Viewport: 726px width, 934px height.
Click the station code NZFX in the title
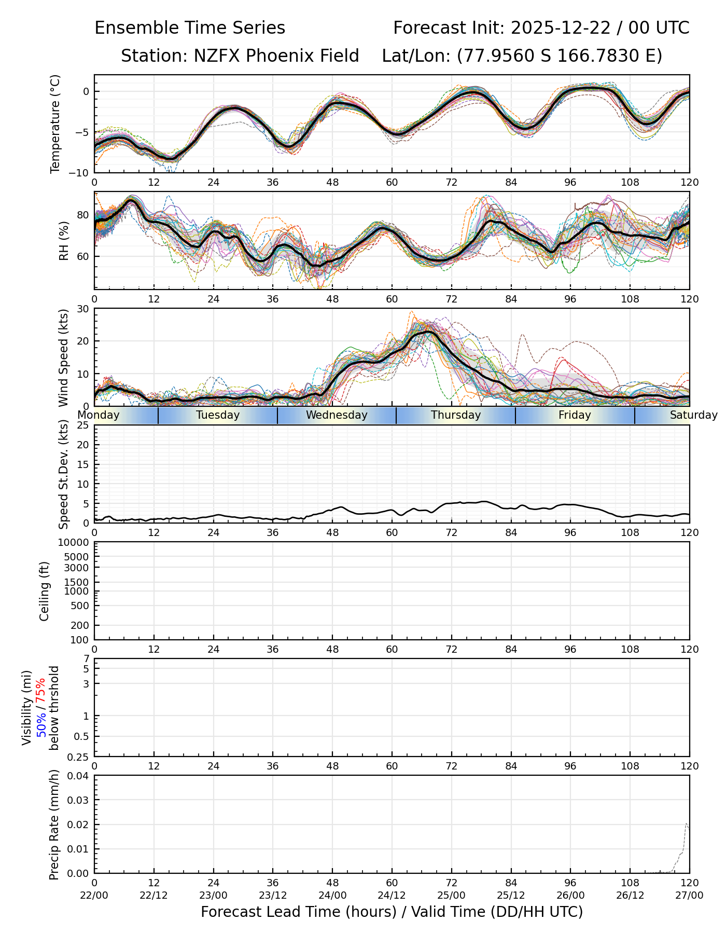point(216,56)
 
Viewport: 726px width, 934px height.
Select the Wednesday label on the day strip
point(337,415)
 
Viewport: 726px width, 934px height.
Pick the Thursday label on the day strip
point(456,415)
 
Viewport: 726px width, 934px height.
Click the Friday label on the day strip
point(575,415)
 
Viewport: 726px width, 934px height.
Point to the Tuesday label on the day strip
point(218,415)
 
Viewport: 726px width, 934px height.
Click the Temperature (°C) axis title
point(55,123)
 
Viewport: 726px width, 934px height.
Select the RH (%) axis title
point(64,240)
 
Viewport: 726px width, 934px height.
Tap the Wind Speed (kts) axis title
point(64,358)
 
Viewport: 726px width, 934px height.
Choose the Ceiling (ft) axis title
point(45,591)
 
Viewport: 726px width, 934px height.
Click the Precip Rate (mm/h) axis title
point(54,825)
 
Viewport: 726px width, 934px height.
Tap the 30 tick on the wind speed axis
point(83,309)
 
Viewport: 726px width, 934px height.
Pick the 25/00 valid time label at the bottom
point(452,895)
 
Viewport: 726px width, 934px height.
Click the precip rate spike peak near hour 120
point(687,823)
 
